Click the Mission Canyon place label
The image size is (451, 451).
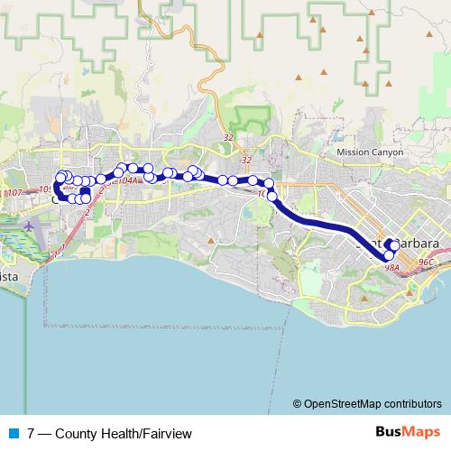click(x=364, y=152)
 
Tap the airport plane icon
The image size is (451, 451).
click(x=30, y=225)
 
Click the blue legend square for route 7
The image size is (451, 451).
click(x=14, y=434)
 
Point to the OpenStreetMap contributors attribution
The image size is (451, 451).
click(x=372, y=404)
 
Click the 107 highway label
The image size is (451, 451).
click(x=13, y=192)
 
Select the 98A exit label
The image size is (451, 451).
click(x=391, y=267)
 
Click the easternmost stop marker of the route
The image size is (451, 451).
click(x=394, y=245)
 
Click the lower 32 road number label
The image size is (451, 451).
click(x=245, y=161)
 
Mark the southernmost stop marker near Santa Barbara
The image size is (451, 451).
click(x=389, y=255)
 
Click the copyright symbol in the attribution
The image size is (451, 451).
click(x=297, y=404)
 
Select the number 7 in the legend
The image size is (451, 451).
click(x=32, y=434)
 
